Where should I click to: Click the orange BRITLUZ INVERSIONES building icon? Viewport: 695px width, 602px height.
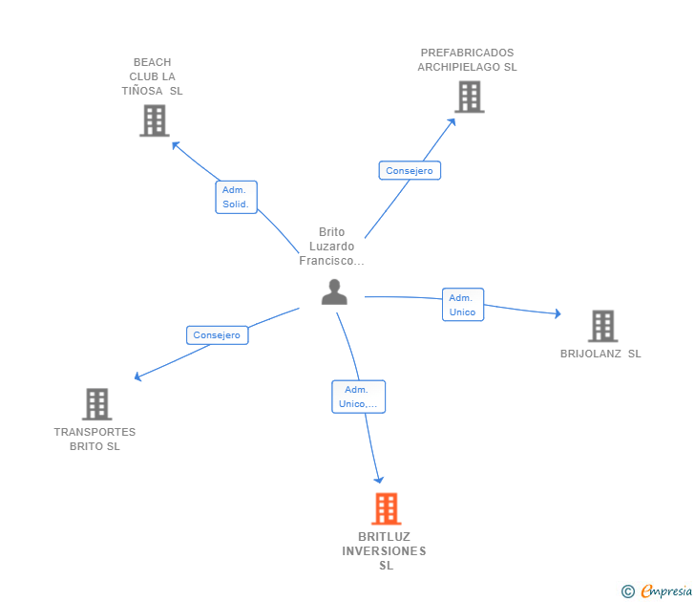click(x=386, y=508)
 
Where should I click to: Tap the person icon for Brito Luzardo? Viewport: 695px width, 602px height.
click(x=334, y=291)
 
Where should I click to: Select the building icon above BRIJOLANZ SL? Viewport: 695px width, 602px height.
click(x=602, y=326)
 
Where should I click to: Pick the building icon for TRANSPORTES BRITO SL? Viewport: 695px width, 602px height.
click(x=96, y=404)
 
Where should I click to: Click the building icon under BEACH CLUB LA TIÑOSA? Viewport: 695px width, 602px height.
click(x=155, y=120)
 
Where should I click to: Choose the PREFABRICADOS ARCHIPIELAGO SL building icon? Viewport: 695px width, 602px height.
click(x=470, y=97)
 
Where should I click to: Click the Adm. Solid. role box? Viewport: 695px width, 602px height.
click(x=236, y=197)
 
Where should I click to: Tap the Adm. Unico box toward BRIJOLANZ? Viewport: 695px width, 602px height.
click(x=463, y=304)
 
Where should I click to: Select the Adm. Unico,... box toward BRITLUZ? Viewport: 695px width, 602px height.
click(x=358, y=397)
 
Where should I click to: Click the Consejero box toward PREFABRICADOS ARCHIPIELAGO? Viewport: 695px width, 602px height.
click(x=410, y=170)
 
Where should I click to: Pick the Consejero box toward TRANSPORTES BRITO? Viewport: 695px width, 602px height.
click(x=218, y=335)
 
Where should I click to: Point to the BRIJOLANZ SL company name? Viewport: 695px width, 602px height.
click(x=600, y=354)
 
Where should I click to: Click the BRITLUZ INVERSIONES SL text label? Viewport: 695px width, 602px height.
click(x=385, y=551)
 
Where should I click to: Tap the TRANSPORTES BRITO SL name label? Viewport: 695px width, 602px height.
click(x=95, y=440)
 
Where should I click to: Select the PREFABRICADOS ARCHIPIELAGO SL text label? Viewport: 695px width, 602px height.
click(x=467, y=60)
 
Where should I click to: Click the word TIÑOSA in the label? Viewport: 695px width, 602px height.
click(x=142, y=91)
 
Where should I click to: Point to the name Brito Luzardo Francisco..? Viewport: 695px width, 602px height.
click(x=331, y=247)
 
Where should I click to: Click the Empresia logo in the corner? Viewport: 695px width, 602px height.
click(x=657, y=591)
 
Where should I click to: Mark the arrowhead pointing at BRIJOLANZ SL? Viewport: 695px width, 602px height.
click(x=558, y=313)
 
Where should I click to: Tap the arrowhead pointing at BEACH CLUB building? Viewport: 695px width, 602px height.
click(x=176, y=145)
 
